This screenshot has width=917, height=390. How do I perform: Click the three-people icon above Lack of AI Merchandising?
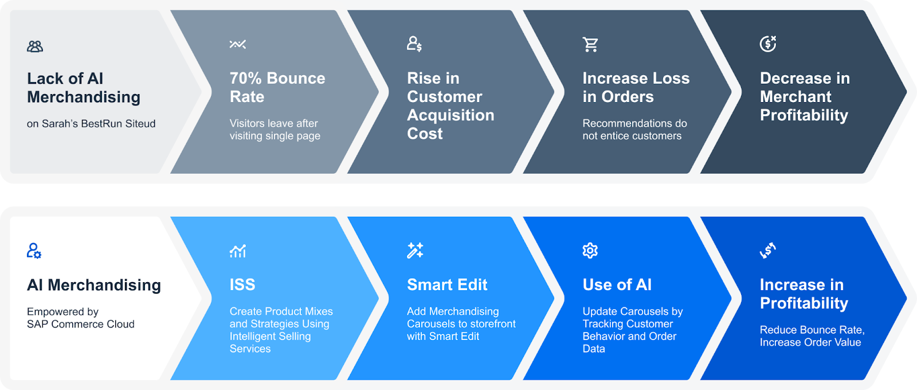(x=35, y=46)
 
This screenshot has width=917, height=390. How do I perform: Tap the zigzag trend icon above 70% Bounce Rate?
(x=237, y=44)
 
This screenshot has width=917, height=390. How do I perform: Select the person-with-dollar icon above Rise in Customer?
(x=414, y=44)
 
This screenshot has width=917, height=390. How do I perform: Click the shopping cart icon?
(x=590, y=44)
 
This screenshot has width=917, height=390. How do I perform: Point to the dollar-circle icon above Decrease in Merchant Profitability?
(x=768, y=44)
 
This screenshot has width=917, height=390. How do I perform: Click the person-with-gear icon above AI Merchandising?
(x=34, y=251)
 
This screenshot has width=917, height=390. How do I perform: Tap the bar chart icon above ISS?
(x=238, y=251)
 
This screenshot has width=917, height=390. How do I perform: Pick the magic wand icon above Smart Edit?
(x=415, y=251)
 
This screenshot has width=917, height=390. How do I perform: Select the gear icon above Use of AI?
(x=590, y=250)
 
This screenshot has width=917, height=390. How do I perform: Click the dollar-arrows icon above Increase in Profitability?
(x=768, y=251)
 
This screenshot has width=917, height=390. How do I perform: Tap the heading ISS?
(x=242, y=284)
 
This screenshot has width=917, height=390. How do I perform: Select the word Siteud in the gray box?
(x=140, y=124)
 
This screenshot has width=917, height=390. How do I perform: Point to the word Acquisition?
(x=450, y=115)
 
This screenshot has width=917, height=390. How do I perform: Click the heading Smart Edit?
(x=447, y=284)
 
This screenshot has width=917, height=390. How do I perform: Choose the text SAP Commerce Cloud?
(x=81, y=324)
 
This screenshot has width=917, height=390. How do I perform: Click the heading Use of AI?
(x=617, y=284)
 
